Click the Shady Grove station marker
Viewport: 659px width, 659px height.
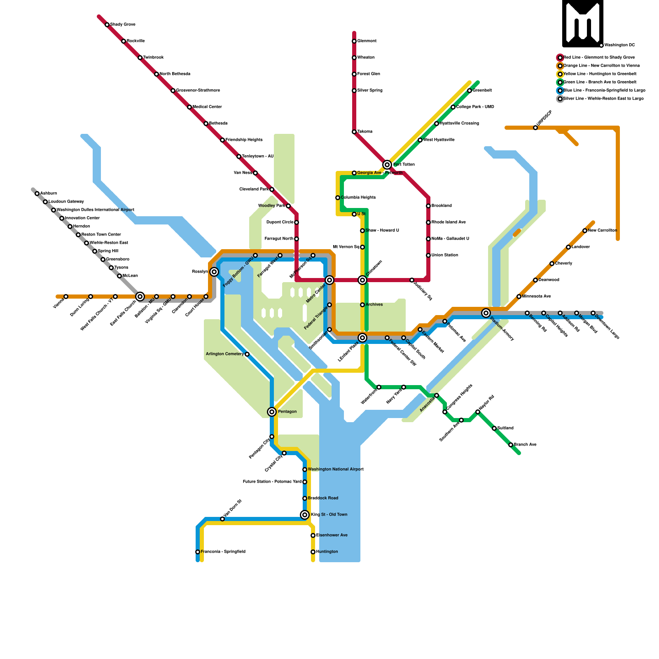point(107,25)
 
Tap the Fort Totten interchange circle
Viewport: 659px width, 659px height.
point(387,165)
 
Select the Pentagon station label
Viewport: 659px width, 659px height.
point(287,412)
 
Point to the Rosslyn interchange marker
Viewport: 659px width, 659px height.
point(214,272)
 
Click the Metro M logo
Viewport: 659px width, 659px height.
point(583,23)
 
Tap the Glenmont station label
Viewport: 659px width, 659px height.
point(367,41)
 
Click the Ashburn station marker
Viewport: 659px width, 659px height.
point(37,194)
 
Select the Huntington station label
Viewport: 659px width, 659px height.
point(327,552)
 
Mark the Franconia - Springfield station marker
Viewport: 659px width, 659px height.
point(198,552)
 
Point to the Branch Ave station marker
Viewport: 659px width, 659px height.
point(511,445)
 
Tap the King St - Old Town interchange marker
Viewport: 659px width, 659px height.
point(305,515)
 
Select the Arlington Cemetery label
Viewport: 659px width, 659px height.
point(225,354)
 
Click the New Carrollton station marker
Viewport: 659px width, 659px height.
point(585,231)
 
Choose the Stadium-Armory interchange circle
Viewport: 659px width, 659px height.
point(486,313)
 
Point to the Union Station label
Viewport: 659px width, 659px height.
point(445,255)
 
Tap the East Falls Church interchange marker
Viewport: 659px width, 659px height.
point(140,297)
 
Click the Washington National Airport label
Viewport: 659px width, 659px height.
point(336,470)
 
